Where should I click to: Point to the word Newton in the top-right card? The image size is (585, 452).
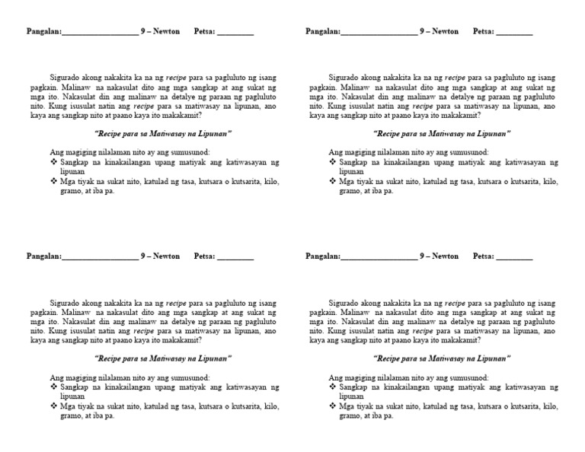[446, 32]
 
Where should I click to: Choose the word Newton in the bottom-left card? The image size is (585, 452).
[166, 256]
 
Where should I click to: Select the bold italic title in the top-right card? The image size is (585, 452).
[442, 133]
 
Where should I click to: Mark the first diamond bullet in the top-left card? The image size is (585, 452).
[53, 163]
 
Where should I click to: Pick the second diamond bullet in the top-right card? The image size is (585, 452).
[332, 182]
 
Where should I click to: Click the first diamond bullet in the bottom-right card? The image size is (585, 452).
[332, 387]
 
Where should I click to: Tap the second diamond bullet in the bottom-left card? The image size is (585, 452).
[53, 406]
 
